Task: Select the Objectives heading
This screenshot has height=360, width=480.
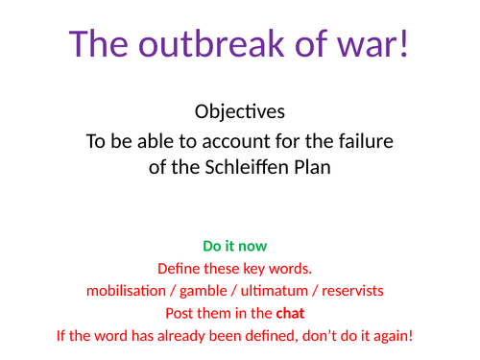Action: pyautogui.click(x=240, y=111)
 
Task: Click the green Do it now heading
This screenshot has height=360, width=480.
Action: pyautogui.click(x=235, y=246)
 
